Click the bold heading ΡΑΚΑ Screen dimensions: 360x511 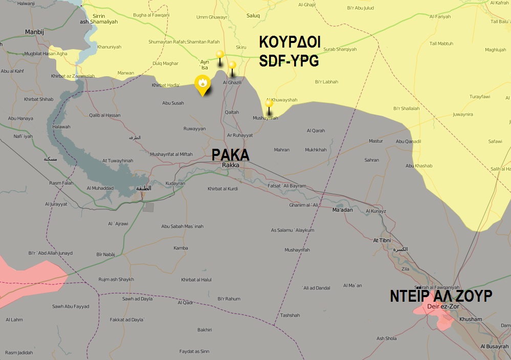tap(231, 155)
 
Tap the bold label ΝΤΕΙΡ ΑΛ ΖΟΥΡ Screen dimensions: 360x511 tap(440, 297)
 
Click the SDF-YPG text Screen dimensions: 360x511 tap(289, 61)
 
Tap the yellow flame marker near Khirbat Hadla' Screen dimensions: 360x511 tap(203, 84)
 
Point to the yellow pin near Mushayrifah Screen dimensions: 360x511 tap(269, 104)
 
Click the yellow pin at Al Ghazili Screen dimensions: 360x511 tap(232, 65)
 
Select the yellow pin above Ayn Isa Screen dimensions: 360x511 tap(220, 55)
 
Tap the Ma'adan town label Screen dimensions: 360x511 tap(342, 210)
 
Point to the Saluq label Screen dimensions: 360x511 tap(253, 16)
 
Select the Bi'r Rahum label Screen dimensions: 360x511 tap(229, 299)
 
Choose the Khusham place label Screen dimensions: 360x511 tap(471, 319)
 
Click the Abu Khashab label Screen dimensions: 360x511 tap(419, 166)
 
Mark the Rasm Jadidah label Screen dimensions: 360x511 tap(19, 352)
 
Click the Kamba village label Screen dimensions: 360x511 tap(181, 248)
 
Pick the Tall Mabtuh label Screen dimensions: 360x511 tap(441, 43)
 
